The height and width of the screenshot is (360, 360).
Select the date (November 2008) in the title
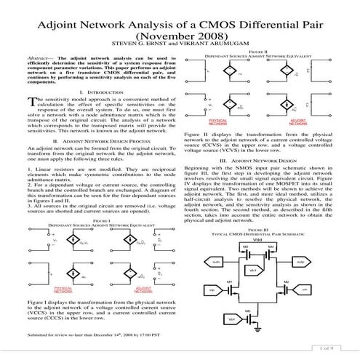(x=180, y=36)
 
